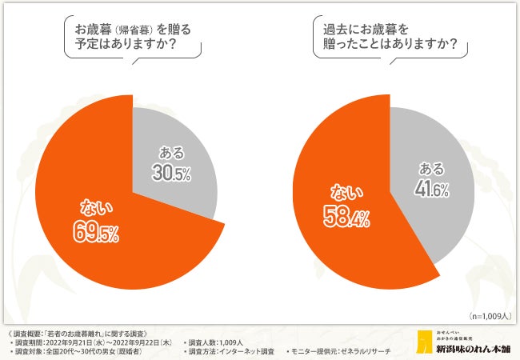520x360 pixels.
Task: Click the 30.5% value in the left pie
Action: click(171, 173)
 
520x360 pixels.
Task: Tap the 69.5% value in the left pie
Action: click(98, 234)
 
